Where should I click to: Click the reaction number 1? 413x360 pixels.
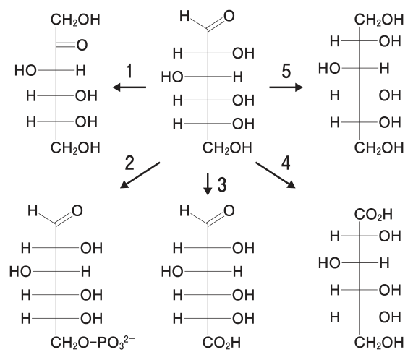(x=129, y=71)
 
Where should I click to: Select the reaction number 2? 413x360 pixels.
(x=129, y=163)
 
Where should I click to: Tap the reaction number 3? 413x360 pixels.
(x=222, y=184)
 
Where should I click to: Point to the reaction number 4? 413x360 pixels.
(x=286, y=163)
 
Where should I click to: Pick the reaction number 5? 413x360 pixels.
(x=286, y=71)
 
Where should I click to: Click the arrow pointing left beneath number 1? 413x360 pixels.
(x=129, y=87)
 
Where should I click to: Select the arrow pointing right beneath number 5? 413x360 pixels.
(x=286, y=87)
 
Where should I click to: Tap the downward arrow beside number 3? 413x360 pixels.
(x=208, y=184)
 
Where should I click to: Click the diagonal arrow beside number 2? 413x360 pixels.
(x=140, y=175)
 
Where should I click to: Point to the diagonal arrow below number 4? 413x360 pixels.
(x=276, y=175)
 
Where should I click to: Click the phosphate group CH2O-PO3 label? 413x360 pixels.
(x=93, y=343)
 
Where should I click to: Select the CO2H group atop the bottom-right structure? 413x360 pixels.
(x=373, y=215)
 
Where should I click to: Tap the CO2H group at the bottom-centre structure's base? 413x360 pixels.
(x=221, y=343)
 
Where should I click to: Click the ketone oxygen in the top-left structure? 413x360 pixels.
(x=82, y=45)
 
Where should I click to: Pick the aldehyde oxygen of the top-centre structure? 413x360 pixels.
(x=229, y=16)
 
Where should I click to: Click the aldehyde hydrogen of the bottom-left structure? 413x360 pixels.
(x=33, y=211)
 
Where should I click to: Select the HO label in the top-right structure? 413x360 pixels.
(x=329, y=69)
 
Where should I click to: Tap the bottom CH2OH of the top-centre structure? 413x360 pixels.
(x=227, y=148)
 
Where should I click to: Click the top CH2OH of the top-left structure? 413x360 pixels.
(x=75, y=20)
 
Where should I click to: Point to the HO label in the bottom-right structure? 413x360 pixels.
(x=329, y=263)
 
